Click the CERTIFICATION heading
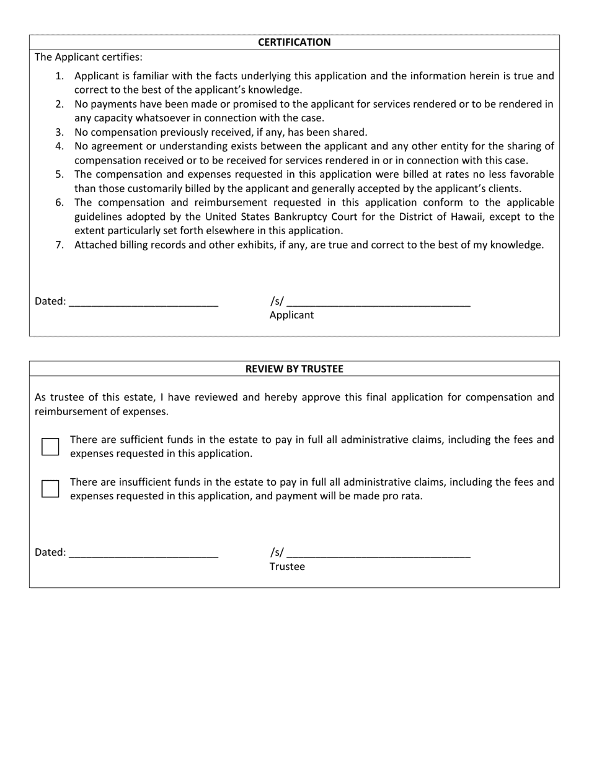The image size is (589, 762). [294, 42]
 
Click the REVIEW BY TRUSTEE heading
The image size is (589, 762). [294, 369]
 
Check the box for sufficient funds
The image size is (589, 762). [50, 447]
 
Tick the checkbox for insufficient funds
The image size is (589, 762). [50, 489]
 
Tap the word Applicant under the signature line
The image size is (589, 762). [291, 315]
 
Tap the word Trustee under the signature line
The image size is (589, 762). [287, 567]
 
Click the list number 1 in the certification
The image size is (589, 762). [59, 76]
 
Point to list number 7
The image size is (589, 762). [59, 245]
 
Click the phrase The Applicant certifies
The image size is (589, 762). [88, 57]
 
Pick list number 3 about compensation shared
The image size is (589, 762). [59, 132]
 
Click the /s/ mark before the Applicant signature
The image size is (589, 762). [277, 301]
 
